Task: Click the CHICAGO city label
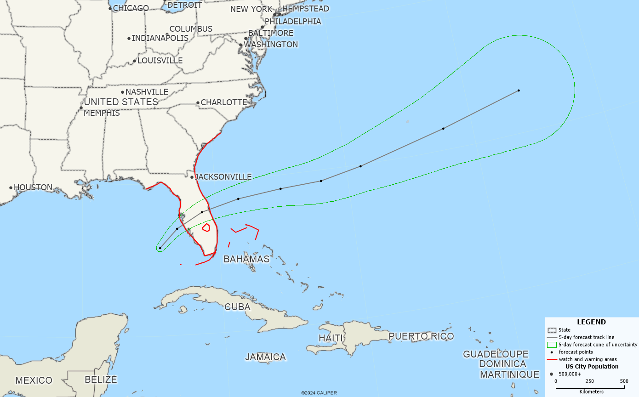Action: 131,8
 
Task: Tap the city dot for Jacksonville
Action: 192,177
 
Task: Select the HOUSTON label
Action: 33,187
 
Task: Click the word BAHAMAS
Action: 246,259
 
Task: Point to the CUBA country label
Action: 237,307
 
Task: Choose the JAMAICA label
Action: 265,357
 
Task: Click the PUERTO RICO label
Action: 421,336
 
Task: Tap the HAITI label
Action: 331,338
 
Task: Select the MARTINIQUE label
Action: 509,374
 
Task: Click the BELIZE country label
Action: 101,380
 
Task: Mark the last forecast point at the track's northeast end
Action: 519,91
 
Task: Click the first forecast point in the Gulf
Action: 160,248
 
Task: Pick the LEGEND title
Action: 591,322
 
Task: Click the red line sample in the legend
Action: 552,359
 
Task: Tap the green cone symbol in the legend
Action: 552,345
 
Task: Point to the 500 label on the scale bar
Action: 624,381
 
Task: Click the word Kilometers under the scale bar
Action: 591,391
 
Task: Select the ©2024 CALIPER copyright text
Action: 319,393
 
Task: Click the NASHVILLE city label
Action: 147,92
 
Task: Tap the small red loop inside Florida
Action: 206,227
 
